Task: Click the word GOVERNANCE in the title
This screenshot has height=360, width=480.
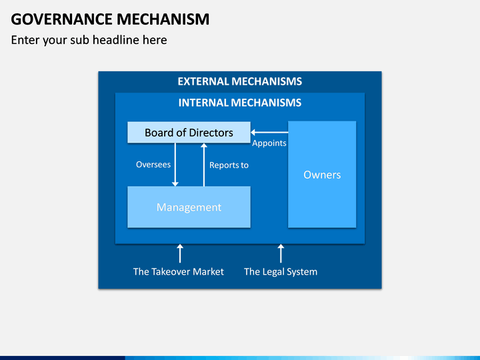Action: coord(61,19)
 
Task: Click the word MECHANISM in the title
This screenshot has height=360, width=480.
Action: coord(163,19)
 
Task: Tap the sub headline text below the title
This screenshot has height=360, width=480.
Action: coord(89,40)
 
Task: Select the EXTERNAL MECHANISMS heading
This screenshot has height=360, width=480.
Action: coord(240,81)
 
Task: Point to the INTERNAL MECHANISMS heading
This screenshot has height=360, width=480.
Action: coord(240,103)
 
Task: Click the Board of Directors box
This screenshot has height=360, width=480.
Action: coord(189,132)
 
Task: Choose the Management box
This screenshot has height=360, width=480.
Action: coord(189,207)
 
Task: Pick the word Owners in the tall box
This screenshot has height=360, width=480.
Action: coord(322,175)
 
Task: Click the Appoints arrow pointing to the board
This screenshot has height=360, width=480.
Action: coord(269,132)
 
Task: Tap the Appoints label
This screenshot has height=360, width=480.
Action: coord(269,143)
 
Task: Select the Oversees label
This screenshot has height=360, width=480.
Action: coord(153,165)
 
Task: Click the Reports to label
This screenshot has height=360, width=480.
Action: coord(229,165)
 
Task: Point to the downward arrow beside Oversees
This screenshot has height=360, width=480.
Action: coord(175,165)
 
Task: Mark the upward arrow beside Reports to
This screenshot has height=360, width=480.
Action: coord(204,165)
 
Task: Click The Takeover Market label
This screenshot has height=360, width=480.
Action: coord(179,271)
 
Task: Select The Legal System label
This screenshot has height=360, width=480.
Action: coord(281,272)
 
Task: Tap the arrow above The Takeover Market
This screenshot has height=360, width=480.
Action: coord(180,253)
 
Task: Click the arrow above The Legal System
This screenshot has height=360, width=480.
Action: coord(281,253)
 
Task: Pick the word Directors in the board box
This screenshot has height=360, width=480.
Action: coord(211,133)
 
